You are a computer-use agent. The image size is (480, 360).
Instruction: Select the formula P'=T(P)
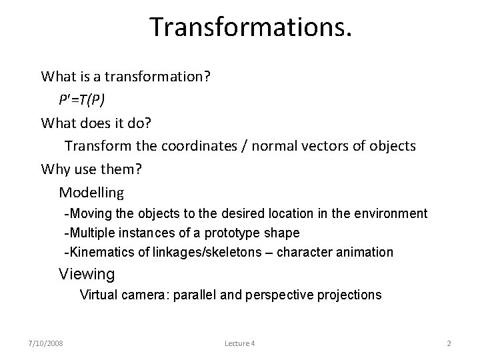click(x=81, y=99)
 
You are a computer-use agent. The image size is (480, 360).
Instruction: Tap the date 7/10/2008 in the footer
click(x=45, y=343)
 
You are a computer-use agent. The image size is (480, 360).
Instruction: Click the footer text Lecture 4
click(x=240, y=343)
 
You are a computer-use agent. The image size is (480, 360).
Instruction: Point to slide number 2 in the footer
click(x=449, y=343)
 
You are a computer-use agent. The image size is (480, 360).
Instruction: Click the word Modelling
click(x=91, y=193)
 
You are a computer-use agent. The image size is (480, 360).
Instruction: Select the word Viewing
click(x=87, y=274)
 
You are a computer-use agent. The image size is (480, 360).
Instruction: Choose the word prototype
click(x=234, y=233)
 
